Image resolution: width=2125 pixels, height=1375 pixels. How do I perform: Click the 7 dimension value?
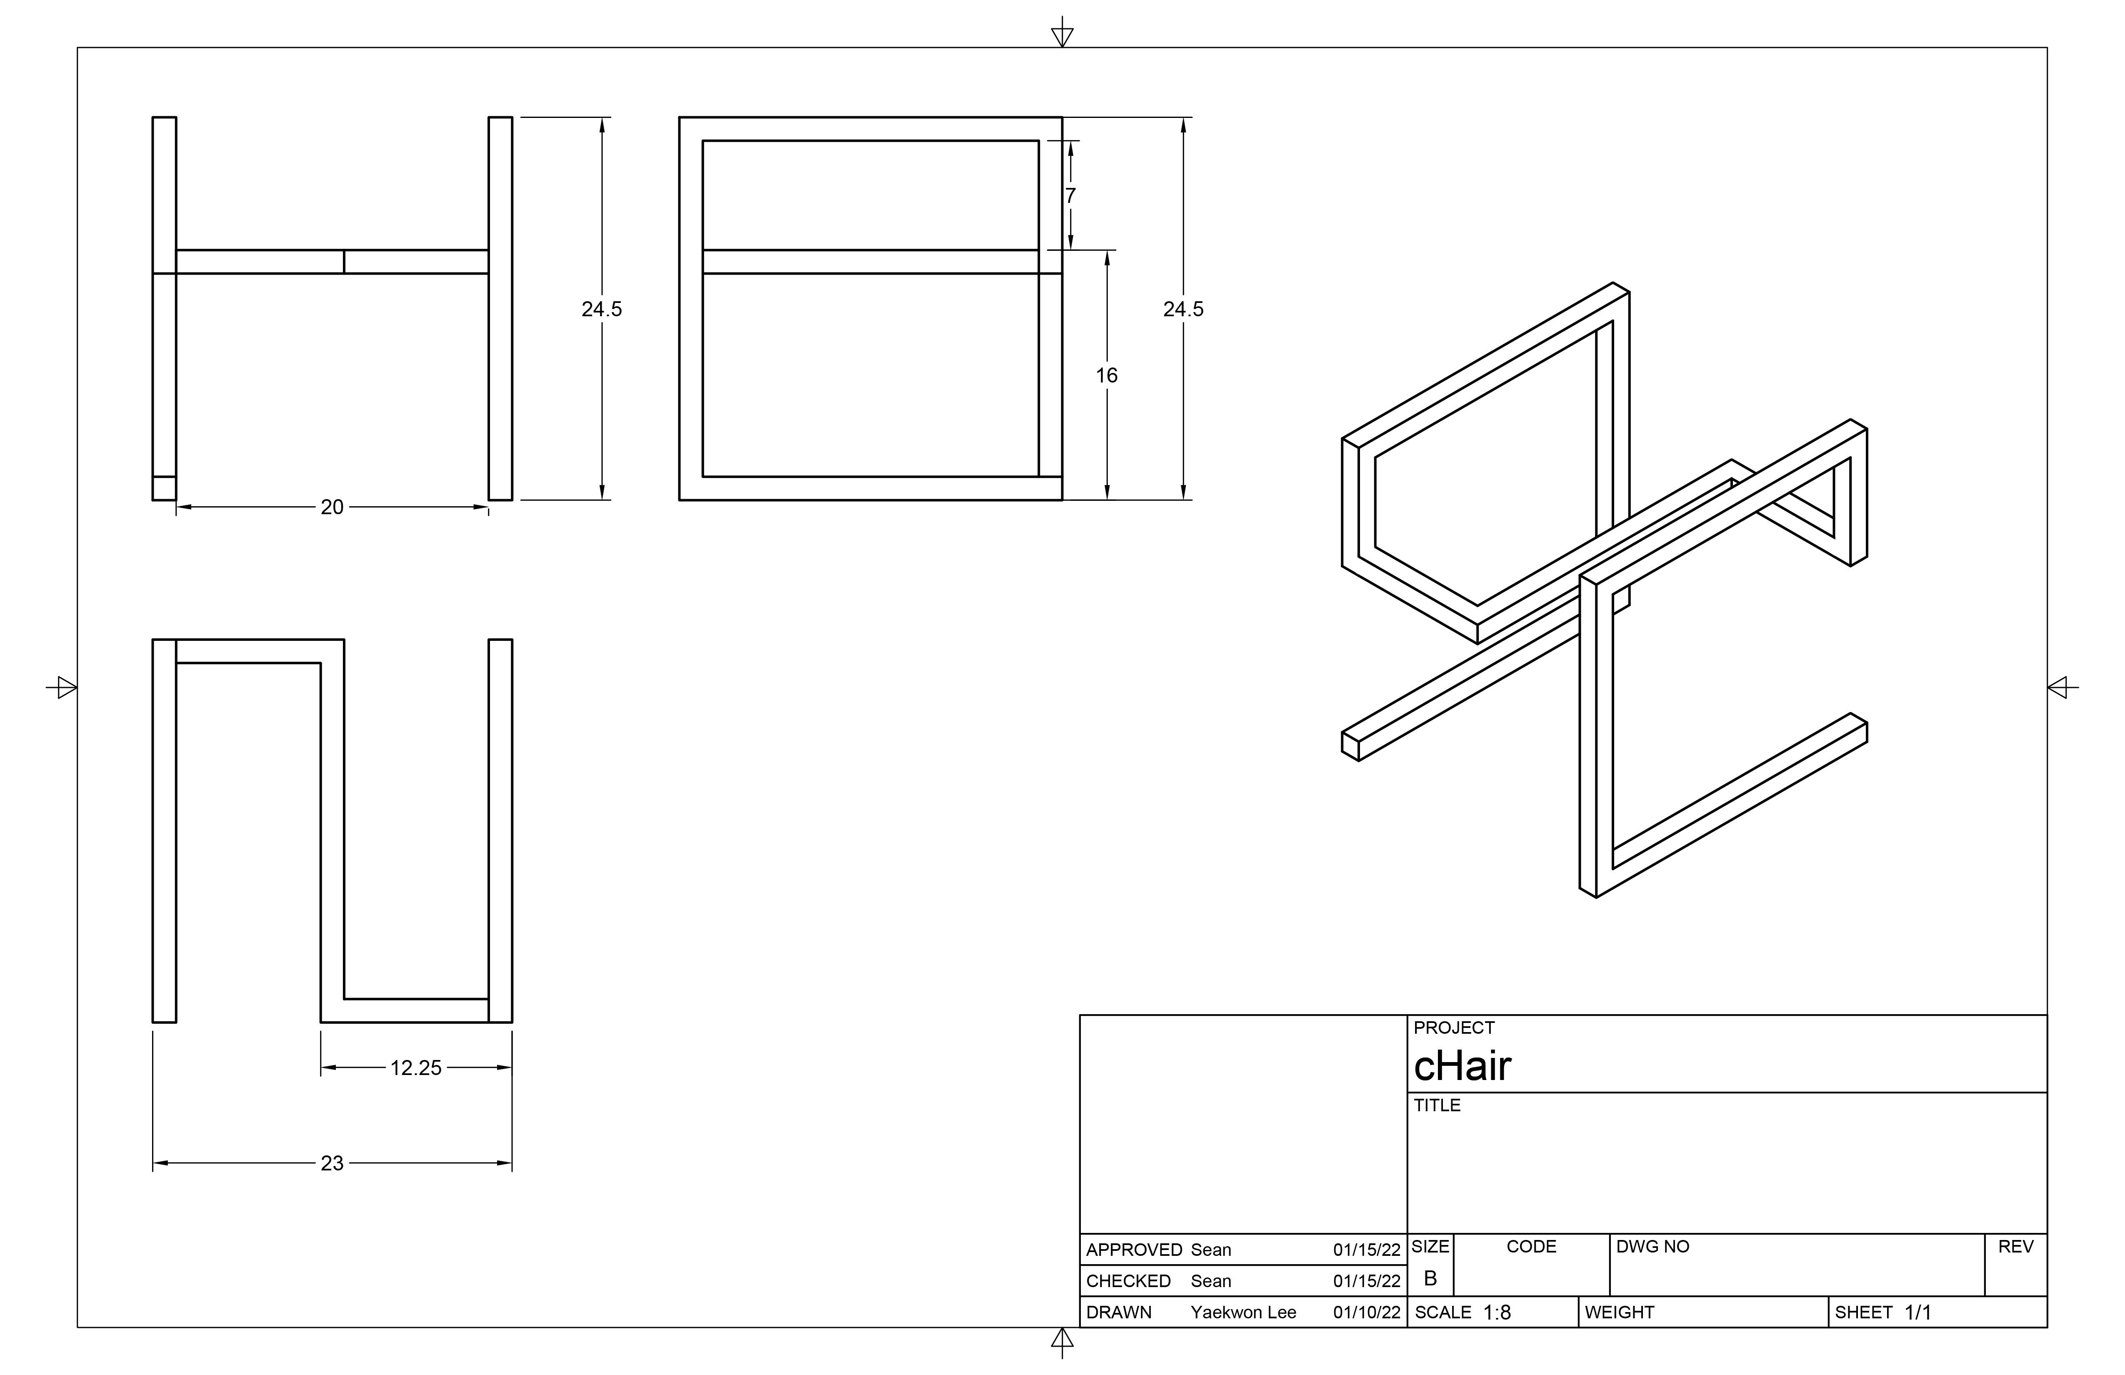pos(1070,195)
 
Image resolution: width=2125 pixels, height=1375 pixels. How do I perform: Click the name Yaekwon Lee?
pos(1243,1312)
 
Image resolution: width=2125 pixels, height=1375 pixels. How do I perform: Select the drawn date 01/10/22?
pos(1366,1312)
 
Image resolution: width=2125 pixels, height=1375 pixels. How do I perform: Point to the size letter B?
pos(1430,1279)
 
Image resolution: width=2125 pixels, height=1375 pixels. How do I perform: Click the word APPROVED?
pos(1133,1250)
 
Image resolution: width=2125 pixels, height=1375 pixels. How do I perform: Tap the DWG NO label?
pos(1652,1246)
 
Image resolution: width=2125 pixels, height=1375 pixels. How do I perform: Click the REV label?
pos(2015,1246)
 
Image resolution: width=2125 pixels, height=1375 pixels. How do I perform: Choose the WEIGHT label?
pos(1620,1312)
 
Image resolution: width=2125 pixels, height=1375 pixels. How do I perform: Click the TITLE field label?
pos(1437,1105)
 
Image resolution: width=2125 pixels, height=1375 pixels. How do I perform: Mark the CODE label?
pos(1531,1246)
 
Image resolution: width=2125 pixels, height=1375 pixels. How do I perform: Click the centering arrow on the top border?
pos(1062,36)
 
